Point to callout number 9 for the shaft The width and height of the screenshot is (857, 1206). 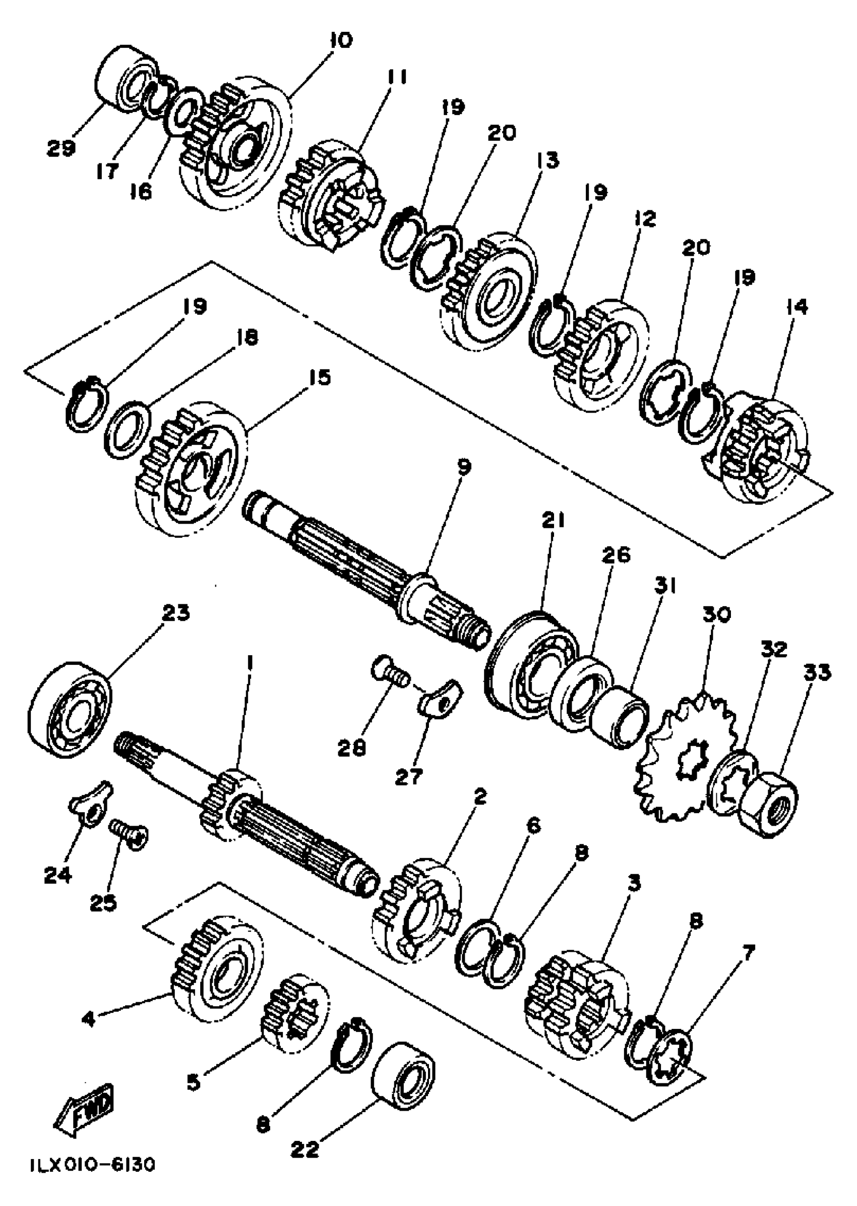coord(463,467)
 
